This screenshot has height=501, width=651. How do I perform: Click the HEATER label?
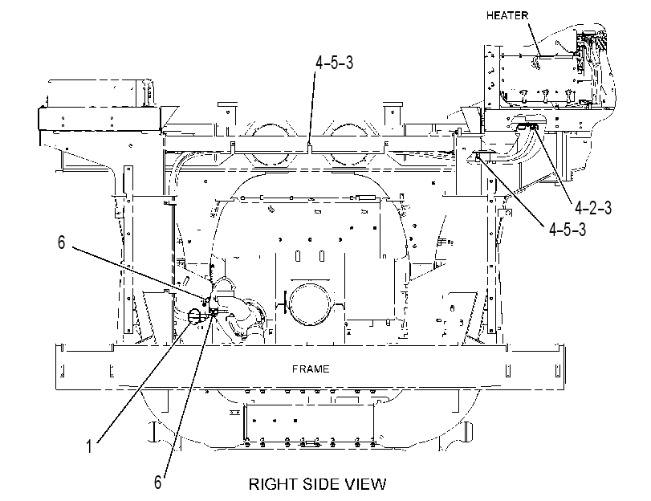(x=507, y=16)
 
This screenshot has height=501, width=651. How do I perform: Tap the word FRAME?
(x=311, y=369)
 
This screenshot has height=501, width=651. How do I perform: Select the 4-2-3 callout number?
(x=593, y=208)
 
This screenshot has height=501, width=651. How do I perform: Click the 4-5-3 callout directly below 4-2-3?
(x=568, y=229)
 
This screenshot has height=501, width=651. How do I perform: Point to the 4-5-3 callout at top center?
(x=334, y=63)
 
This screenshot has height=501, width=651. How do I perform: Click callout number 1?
(x=88, y=447)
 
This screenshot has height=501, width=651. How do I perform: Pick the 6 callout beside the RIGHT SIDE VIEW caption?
(x=158, y=483)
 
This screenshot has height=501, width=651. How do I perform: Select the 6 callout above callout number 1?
(x=62, y=242)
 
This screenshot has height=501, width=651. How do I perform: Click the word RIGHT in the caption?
(x=274, y=484)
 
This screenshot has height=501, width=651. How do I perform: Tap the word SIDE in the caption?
(x=321, y=484)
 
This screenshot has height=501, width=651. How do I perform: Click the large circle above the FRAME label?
(x=311, y=303)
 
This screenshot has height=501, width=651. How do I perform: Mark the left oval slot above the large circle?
(x=298, y=256)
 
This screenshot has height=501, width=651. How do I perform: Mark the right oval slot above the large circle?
(x=322, y=256)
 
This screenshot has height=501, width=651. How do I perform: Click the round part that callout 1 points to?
(x=194, y=316)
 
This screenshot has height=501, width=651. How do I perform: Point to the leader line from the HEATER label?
(x=534, y=39)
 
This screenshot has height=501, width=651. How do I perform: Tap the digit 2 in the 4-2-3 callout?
(x=593, y=208)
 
